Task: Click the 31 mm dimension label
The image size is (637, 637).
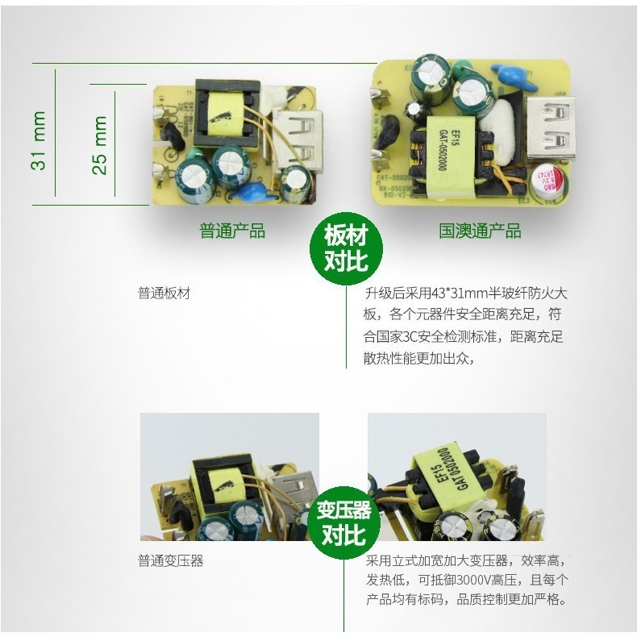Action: [37, 140]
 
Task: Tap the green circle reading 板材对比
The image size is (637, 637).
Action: [345, 248]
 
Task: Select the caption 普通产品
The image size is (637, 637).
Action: [232, 231]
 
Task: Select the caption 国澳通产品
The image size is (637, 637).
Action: [480, 231]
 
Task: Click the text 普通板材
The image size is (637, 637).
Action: [164, 294]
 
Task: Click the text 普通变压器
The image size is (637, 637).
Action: [171, 561]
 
